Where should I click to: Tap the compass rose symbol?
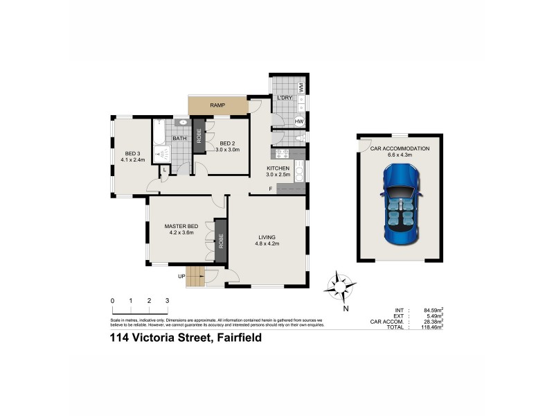pyautogui.click(x=340, y=286)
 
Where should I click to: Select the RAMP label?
pyautogui.click(x=219, y=105)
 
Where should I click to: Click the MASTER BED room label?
pyautogui.click(x=181, y=226)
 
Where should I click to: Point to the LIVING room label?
pyautogui.click(x=267, y=236)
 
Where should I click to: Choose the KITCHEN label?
pyautogui.click(x=278, y=168)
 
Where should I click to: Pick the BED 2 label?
pyautogui.click(x=228, y=144)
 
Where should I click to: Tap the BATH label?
pyautogui.click(x=180, y=139)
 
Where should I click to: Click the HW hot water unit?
pyautogui.click(x=300, y=121)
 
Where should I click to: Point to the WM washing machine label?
pyautogui.click(x=302, y=87)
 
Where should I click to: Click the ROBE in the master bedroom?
pyautogui.click(x=221, y=241)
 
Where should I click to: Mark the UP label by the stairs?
pyautogui.click(x=182, y=276)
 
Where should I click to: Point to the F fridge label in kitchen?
pyautogui.click(x=271, y=189)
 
